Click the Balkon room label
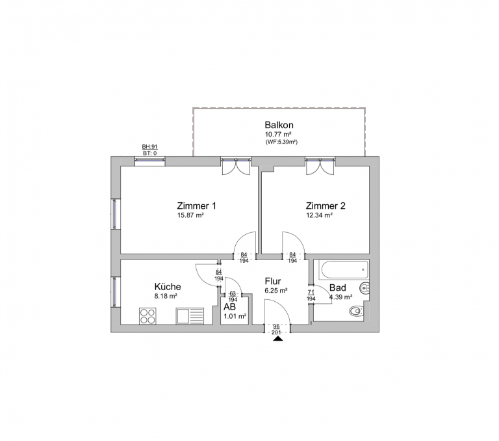coord(279,125)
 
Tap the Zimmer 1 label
coord(196,206)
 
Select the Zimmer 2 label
coord(326,206)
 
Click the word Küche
coord(168,286)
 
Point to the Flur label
coord(273,282)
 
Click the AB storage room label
coord(229,307)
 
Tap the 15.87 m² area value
coord(190,215)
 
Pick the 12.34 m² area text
coord(319,215)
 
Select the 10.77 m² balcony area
coord(279,134)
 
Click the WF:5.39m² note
coord(281,142)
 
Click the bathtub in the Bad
coord(344,269)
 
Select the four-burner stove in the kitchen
coord(147,316)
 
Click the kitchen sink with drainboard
coord(190,316)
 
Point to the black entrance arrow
coord(278,339)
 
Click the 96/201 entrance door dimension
coord(276,330)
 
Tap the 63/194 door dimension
coord(233,297)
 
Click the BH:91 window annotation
coord(149,147)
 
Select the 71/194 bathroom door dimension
coord(311,295)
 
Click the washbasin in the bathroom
coord(365,288)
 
